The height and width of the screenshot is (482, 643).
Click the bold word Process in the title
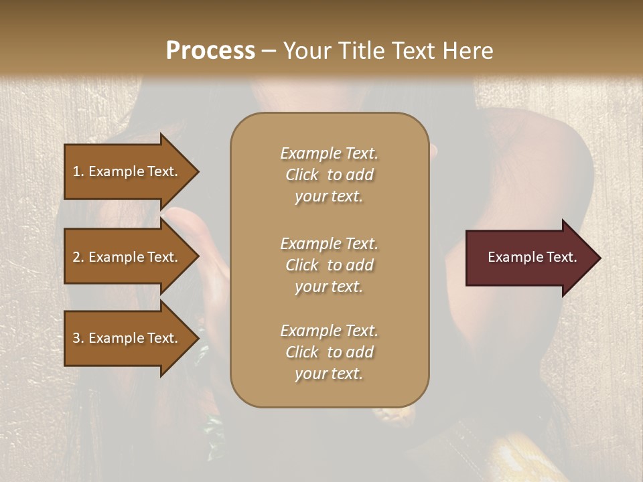[x=210, y=51]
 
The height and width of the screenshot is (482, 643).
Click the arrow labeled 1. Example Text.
[x=127, y=171]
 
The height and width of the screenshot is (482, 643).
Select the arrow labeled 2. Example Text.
[x=127, y=257]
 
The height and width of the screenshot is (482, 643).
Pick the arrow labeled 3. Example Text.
[x=127, y=338]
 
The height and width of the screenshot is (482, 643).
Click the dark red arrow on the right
[x=529, y=258]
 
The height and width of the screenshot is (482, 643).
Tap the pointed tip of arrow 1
[x=197, y=171]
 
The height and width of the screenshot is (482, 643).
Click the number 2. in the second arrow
[x=78, y=257]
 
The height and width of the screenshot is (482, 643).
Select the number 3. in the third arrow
[x=78, y=338]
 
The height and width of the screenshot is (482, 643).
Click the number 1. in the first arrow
[x=78, y=171]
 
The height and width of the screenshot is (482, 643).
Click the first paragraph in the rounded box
[x=329, y=175]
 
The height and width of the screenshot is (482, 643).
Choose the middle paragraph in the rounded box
[x=329, y=265]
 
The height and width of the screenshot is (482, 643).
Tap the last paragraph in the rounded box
[x=329, y=352]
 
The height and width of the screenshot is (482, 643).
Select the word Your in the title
[x=305, y=51]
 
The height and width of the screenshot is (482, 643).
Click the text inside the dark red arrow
[x=532, y=257]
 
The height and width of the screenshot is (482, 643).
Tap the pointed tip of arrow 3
[x=197, y=338]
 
